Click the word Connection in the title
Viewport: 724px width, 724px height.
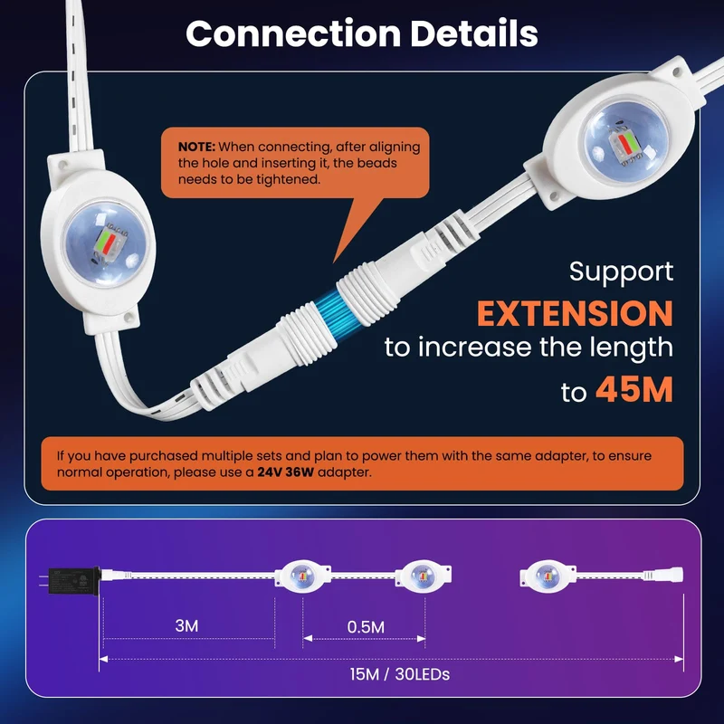point(293,33)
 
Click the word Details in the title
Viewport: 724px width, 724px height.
point(474,33)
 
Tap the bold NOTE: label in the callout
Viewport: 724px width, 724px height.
point(196,147)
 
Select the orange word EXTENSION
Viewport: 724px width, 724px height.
point(575,313)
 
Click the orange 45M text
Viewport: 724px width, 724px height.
point(634,390)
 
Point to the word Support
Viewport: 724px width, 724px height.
point(621,272)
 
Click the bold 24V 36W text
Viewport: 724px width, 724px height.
point(285,472)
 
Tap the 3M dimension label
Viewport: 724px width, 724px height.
point(186,625)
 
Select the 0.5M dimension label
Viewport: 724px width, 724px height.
point(366,626)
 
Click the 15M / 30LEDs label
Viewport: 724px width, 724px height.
point(399,674)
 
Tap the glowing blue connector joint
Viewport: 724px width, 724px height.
point(330,312)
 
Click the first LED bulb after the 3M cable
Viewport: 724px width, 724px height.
point(303,576)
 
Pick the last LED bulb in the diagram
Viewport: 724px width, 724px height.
point(548,576)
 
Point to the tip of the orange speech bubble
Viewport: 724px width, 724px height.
point(334,262)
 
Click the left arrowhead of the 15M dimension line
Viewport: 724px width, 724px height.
point(103,659)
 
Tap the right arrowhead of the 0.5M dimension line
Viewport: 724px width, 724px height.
point(421,639)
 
